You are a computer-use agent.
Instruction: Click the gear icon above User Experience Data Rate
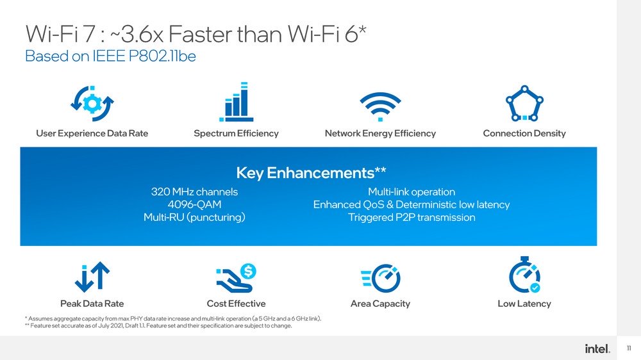coord(92,103)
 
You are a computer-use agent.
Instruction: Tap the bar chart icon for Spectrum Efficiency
coord(237,102)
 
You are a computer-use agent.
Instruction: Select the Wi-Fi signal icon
coord(380,106)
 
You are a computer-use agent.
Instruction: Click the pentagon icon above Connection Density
coord(524,103)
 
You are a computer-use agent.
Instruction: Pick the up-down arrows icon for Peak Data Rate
coord(92,277)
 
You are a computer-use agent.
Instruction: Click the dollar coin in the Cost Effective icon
coord(248,271)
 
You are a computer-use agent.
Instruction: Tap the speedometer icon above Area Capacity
coord(381,278)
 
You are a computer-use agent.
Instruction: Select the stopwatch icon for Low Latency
coord(524,275)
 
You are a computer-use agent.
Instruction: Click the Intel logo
coord(597,348)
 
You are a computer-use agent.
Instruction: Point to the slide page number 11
coord(629,348)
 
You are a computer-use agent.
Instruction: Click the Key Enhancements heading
coord(311,173)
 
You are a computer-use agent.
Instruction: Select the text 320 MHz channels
coord(195,192)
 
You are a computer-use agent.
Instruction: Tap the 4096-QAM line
coord(195,204)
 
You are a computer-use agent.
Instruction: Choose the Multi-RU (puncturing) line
coord(195,217)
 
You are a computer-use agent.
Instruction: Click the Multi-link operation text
coord(412,192)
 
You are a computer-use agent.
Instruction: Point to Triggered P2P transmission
coord(412,217)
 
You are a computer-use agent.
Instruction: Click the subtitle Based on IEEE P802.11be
coord(110,56)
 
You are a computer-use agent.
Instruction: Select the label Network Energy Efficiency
coord(380,133)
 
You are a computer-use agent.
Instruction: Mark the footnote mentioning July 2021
coord(158,325)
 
